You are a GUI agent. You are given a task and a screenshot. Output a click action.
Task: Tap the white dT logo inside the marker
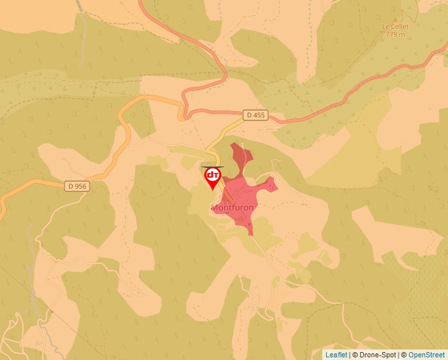tap(213, 175)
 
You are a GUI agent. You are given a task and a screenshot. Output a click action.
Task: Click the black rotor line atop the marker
tap(212, 167)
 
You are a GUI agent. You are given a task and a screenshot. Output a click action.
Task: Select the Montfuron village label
tap(232, 207)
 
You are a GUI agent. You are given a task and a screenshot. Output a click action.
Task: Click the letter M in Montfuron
tap(214, 207)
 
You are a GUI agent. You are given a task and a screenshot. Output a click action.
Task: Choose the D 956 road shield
tap(77, 186)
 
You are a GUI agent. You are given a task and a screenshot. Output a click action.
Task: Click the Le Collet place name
tap(395, 27)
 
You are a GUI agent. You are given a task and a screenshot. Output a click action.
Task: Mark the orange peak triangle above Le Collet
tap(395, 20)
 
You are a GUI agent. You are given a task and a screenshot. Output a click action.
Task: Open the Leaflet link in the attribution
tap(336, 355)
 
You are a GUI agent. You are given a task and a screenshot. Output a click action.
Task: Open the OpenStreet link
tap(426, 355)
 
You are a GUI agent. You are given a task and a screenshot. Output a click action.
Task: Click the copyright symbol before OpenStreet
tap(404, 355)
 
